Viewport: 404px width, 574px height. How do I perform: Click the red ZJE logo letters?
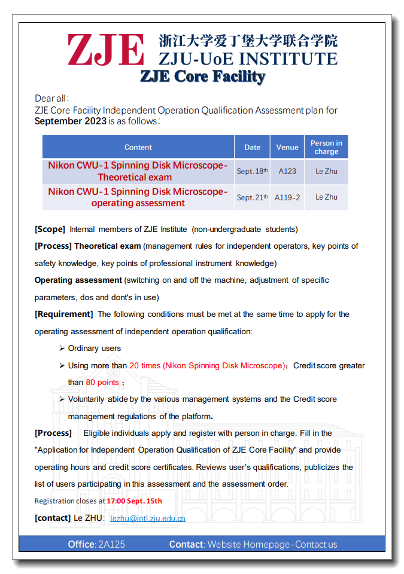pos(106,50)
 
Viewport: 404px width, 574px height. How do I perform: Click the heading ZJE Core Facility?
pos(202,77)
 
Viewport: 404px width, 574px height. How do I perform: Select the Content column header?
pos(138,147)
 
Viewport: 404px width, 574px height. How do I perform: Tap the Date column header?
pos(252,147)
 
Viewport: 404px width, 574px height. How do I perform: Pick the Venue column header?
pos(287,147)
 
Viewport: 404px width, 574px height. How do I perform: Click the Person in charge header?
pos(326,147)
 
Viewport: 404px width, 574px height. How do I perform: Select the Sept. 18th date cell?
pos(252,172)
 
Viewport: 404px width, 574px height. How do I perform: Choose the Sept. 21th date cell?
pos(252,197)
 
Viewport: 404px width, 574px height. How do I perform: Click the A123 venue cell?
pos(287,172)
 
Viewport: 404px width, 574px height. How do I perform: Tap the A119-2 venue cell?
pos(287,197)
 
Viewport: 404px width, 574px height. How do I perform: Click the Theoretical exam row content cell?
pos(138,172)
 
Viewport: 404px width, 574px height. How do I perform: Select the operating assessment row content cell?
pos(138,197)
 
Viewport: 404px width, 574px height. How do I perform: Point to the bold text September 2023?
pos(71,121)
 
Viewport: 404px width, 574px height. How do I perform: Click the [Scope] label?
pos(50,229)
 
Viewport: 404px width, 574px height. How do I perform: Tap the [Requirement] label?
pos(63,314)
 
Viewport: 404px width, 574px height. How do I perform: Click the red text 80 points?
pos(102,383)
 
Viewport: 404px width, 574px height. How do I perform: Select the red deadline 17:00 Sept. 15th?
pos(134,501)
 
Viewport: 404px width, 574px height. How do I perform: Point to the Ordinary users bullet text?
pos(94,348)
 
